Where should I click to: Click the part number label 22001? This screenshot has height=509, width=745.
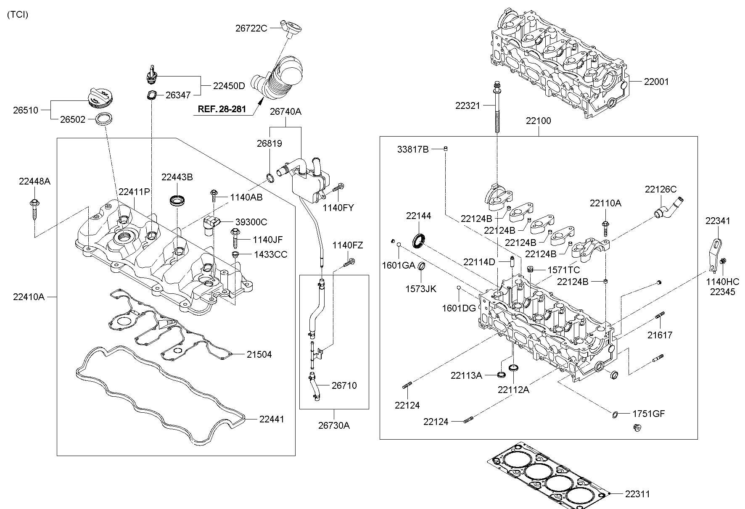(656, 82)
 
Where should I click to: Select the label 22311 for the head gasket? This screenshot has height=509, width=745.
(639, 494)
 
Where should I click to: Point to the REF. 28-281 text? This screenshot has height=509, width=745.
(222, 109)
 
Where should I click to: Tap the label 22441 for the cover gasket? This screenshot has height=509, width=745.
(272, 419)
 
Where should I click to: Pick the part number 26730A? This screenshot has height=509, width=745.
(334, 425)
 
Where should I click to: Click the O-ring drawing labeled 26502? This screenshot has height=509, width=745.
(104, 119)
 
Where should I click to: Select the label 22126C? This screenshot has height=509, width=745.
(661, 190)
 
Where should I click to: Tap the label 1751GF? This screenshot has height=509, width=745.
(649, 414)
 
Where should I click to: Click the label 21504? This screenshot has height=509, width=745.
(259, 354)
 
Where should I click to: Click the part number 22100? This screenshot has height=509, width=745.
(538, 121)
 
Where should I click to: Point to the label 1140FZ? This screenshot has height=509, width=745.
(347, 245)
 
